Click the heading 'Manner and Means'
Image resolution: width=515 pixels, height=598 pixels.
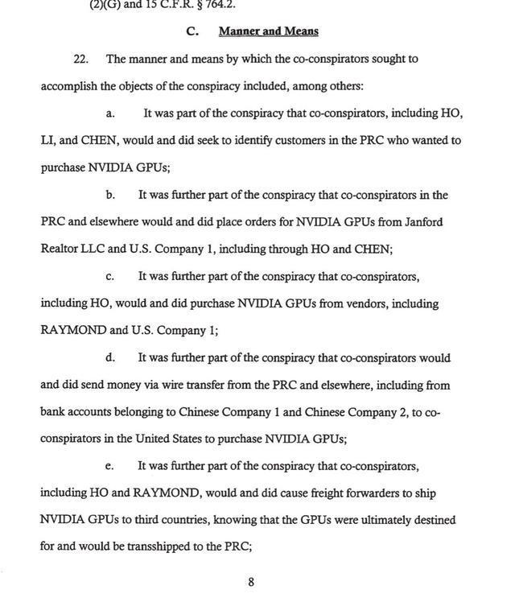coord(269,31)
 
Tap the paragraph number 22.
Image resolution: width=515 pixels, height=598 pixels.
coord(80,59)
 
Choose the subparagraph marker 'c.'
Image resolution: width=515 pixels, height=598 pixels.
coord(110,276)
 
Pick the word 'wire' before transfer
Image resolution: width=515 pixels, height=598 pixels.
coord(176,385)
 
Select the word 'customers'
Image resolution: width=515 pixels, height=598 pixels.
coord(299,140)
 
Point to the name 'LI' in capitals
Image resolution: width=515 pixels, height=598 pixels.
coord(47,140)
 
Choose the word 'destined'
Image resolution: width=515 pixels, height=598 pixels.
coord(455,520)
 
